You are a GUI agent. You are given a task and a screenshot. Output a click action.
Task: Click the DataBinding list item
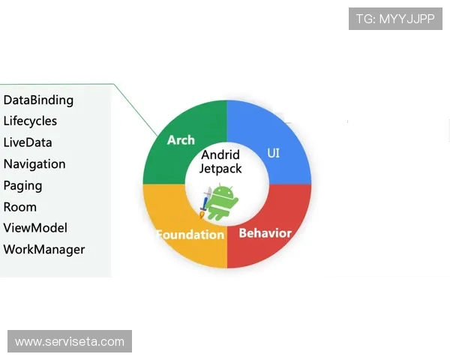click(x=38, y=100)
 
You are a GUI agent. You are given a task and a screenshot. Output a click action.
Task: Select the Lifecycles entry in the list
click(x=30, y=121)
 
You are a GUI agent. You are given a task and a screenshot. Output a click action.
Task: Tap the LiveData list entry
click(x=28, y=142)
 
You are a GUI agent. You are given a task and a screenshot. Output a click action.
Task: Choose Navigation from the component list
click(x=34, y=163)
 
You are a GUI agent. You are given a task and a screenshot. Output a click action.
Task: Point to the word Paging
click(x=22, y=185)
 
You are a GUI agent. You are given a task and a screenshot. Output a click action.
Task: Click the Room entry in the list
click(x=20, y=207)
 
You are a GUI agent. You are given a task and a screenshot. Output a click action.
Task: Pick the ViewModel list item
click(x=35, y=228)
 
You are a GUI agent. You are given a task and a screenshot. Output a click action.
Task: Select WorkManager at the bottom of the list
click(x=44, y=250)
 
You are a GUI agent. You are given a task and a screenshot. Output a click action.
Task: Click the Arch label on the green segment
click(x=181, y=140)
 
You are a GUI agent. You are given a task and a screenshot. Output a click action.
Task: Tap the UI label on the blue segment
click(x=274, y=153)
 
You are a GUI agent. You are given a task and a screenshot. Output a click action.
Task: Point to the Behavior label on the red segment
click(x=265, y=233)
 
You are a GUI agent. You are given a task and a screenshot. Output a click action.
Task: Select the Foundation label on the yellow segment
click(x=190, y=235)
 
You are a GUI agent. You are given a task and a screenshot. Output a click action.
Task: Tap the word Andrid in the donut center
click(x=220, y=155)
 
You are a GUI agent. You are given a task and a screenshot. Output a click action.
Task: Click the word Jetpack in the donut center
click(x=220, y=169)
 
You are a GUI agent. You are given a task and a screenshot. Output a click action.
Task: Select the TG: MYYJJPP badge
click(x=396, y=19)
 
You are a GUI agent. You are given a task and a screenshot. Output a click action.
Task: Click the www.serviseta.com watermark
click(x=70, y=342)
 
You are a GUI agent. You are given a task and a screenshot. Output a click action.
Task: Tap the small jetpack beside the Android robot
click(x=204, y=202)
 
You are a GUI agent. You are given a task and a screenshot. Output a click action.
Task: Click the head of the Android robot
click(x=223, y=191)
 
